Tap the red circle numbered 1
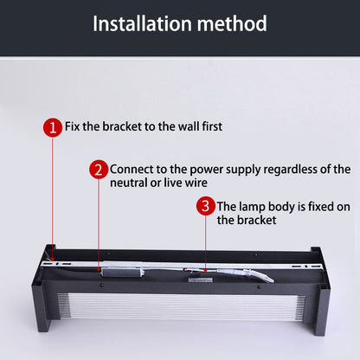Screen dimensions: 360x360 (53, 127)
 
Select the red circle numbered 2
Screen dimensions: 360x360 (99, 170)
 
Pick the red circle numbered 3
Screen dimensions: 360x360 (206, 206)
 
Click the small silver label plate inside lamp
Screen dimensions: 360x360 (201, 280)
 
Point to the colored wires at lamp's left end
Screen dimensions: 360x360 (48, 256)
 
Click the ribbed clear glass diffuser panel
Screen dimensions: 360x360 (181, 307)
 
